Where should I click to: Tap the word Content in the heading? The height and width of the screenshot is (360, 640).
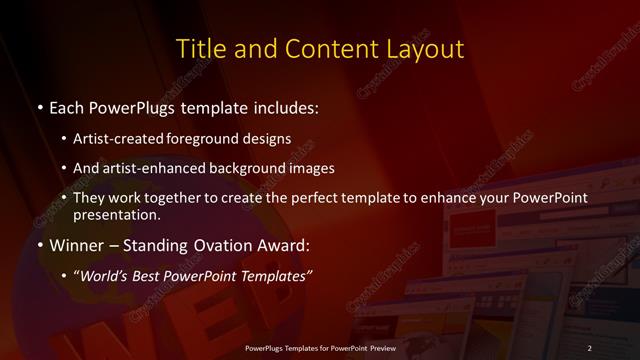point(320,48)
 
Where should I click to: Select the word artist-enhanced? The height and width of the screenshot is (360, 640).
point(154,168)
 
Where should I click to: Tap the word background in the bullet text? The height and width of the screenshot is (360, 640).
point(252,168)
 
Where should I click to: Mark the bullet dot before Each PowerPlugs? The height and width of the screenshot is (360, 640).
point(39,105)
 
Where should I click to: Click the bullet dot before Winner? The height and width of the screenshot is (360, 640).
point(39,245)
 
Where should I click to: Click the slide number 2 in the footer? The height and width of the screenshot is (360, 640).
point(590,347)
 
